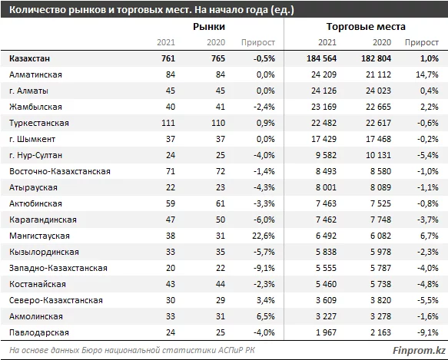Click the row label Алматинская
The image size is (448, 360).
35,74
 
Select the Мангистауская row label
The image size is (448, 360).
38,235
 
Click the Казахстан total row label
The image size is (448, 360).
32,58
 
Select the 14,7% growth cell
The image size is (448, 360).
427,74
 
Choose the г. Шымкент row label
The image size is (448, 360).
32,138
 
